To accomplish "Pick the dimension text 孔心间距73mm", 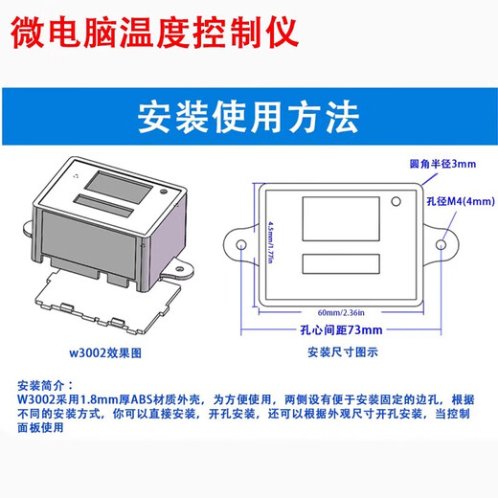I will (x=344, y=329).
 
